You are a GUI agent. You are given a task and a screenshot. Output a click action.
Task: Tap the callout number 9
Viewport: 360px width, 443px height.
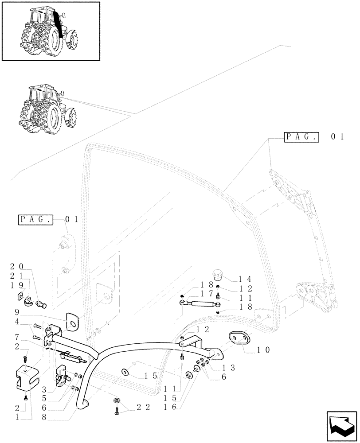[x=16, y=312]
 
